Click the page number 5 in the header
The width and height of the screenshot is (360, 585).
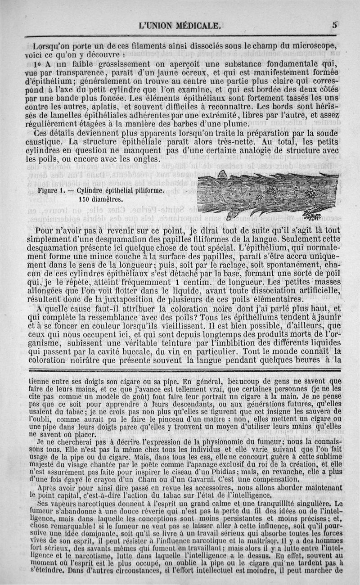tap(335, 25)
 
